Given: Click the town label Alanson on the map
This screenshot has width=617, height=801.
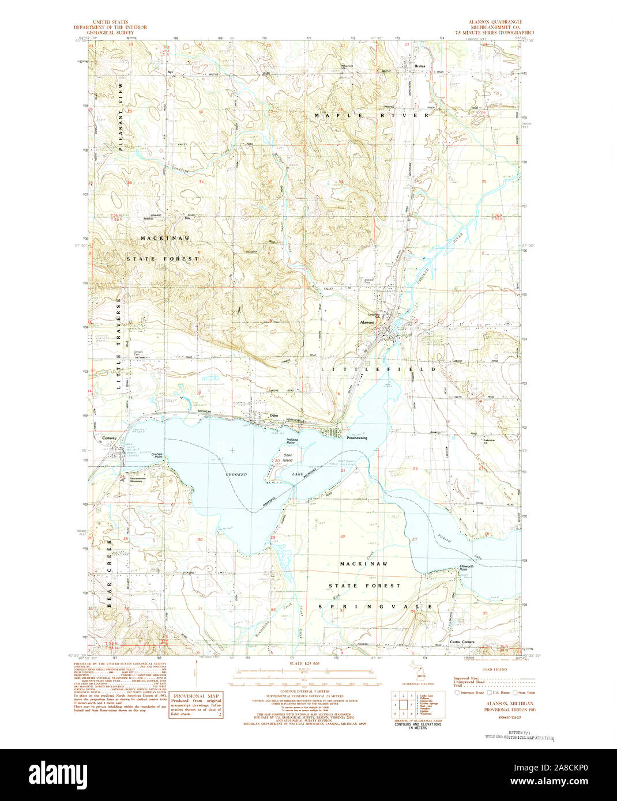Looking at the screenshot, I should tap(367, 322).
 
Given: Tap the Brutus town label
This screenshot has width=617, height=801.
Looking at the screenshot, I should tap(420, 66).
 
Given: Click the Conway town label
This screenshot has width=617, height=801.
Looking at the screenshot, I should tap(109, 438).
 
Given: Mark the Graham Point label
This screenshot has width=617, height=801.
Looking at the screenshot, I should tap(157, 455).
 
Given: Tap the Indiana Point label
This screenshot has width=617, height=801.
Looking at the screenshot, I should tap(292, 442).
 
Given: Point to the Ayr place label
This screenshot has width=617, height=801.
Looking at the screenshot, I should tap(170, 73).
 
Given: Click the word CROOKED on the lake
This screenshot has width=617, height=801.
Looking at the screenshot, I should tap(236, 474).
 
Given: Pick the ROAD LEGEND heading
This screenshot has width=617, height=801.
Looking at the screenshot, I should tap(495, 670).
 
